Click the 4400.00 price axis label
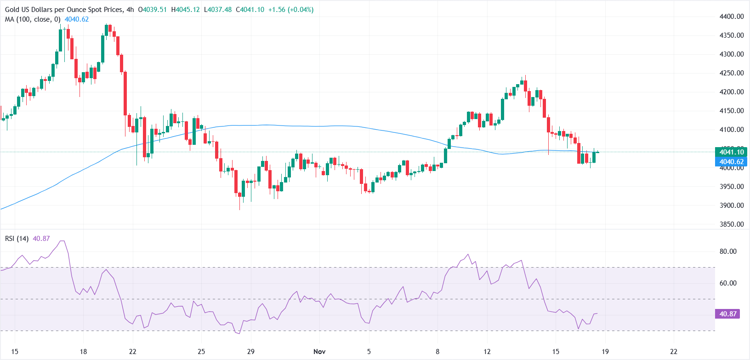point(731,17)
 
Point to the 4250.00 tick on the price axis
point(731,73)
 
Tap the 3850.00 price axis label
point(731,224)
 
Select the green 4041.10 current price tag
point(731,152)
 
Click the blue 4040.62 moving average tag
point(731,162)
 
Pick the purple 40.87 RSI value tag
point(727,314)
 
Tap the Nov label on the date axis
point(319,352)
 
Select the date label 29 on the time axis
point(250,352)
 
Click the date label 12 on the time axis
point(487,352)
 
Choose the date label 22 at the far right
point(674,352)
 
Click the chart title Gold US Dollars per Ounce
point(64,10)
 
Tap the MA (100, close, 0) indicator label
point(33,19)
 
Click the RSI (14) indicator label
point(17,239)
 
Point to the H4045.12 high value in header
point(185,10)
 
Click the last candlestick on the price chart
point(597,152)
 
